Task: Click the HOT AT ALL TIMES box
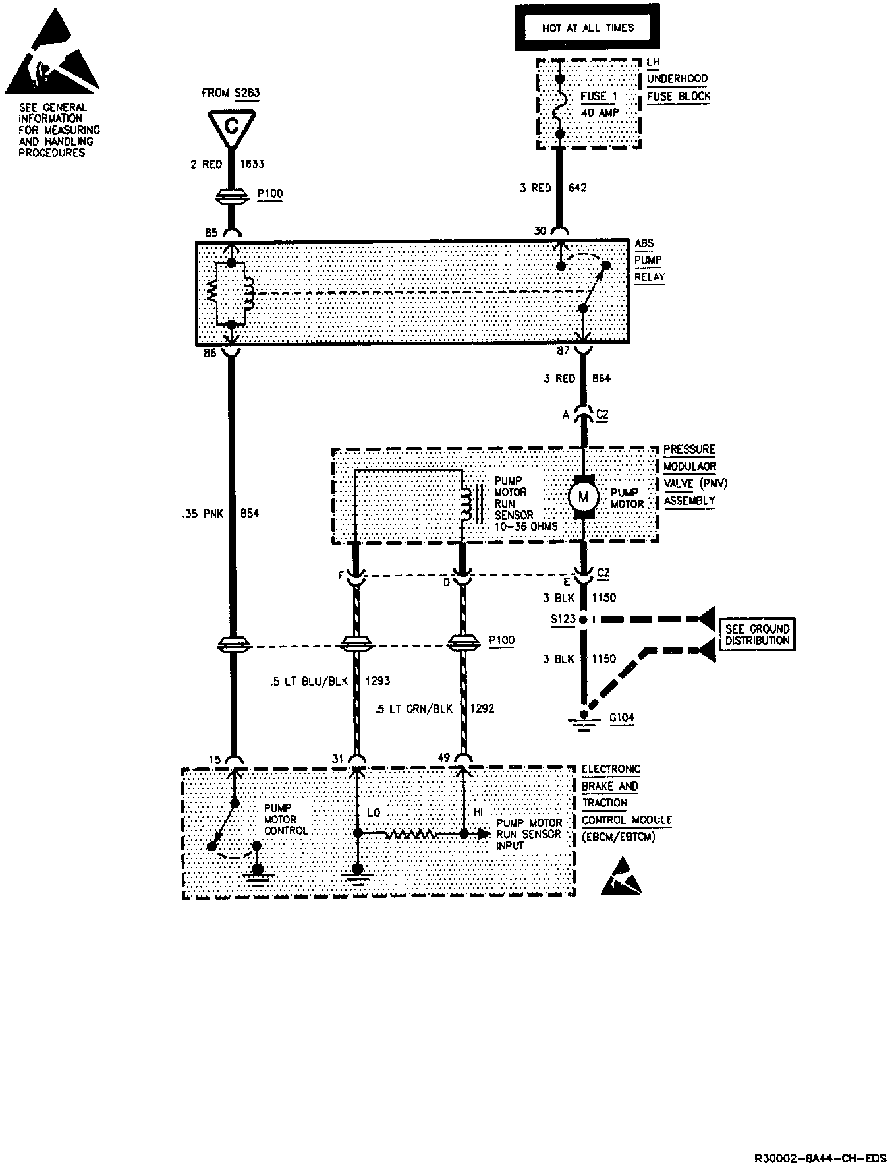pos(587,28)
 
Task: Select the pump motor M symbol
pos(582,496)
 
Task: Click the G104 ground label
pos(621,718)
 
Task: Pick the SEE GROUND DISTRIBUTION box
pos(757,634)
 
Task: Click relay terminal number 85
pos(211,232)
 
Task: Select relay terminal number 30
pos(540,231)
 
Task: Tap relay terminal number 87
pos(563,351)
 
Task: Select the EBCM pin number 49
pos(444,758)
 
